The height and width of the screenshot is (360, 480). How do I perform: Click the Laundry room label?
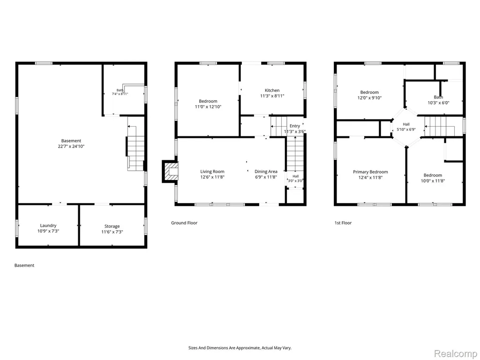tap(48, 225)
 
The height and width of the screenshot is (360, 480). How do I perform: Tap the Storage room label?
tap(112, 226)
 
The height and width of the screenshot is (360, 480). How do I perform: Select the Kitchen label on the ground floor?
tap(272, 90)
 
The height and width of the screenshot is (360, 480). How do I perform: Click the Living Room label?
tap(212, 172)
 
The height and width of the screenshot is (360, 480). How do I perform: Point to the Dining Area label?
tap(266, 172)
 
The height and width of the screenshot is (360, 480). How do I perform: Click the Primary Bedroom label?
tap(370, 172)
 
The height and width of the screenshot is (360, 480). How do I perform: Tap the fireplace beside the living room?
tap(170, 172)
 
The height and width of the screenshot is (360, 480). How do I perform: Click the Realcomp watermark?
tap(455, 353)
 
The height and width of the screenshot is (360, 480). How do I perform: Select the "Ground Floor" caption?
tap(184, 223)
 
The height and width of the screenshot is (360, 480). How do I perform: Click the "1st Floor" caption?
tap(343, 223)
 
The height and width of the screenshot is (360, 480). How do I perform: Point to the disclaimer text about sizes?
tap(240, 348)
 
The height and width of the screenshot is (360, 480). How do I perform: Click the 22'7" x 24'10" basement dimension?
tap(71, 146)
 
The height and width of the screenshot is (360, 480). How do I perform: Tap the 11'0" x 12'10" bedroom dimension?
tap(208, 106)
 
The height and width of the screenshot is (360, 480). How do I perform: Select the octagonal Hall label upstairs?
tap(406, 124)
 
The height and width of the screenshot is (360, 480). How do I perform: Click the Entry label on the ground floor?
tap(295, 126)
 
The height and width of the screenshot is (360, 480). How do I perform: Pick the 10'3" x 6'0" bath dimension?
tap(438, 103)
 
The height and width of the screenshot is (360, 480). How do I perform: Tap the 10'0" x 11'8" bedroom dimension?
tap(433, 180)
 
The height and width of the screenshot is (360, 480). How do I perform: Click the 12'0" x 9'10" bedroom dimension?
tap(369, 97)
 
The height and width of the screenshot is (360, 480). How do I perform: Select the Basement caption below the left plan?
tap(24, 265)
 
